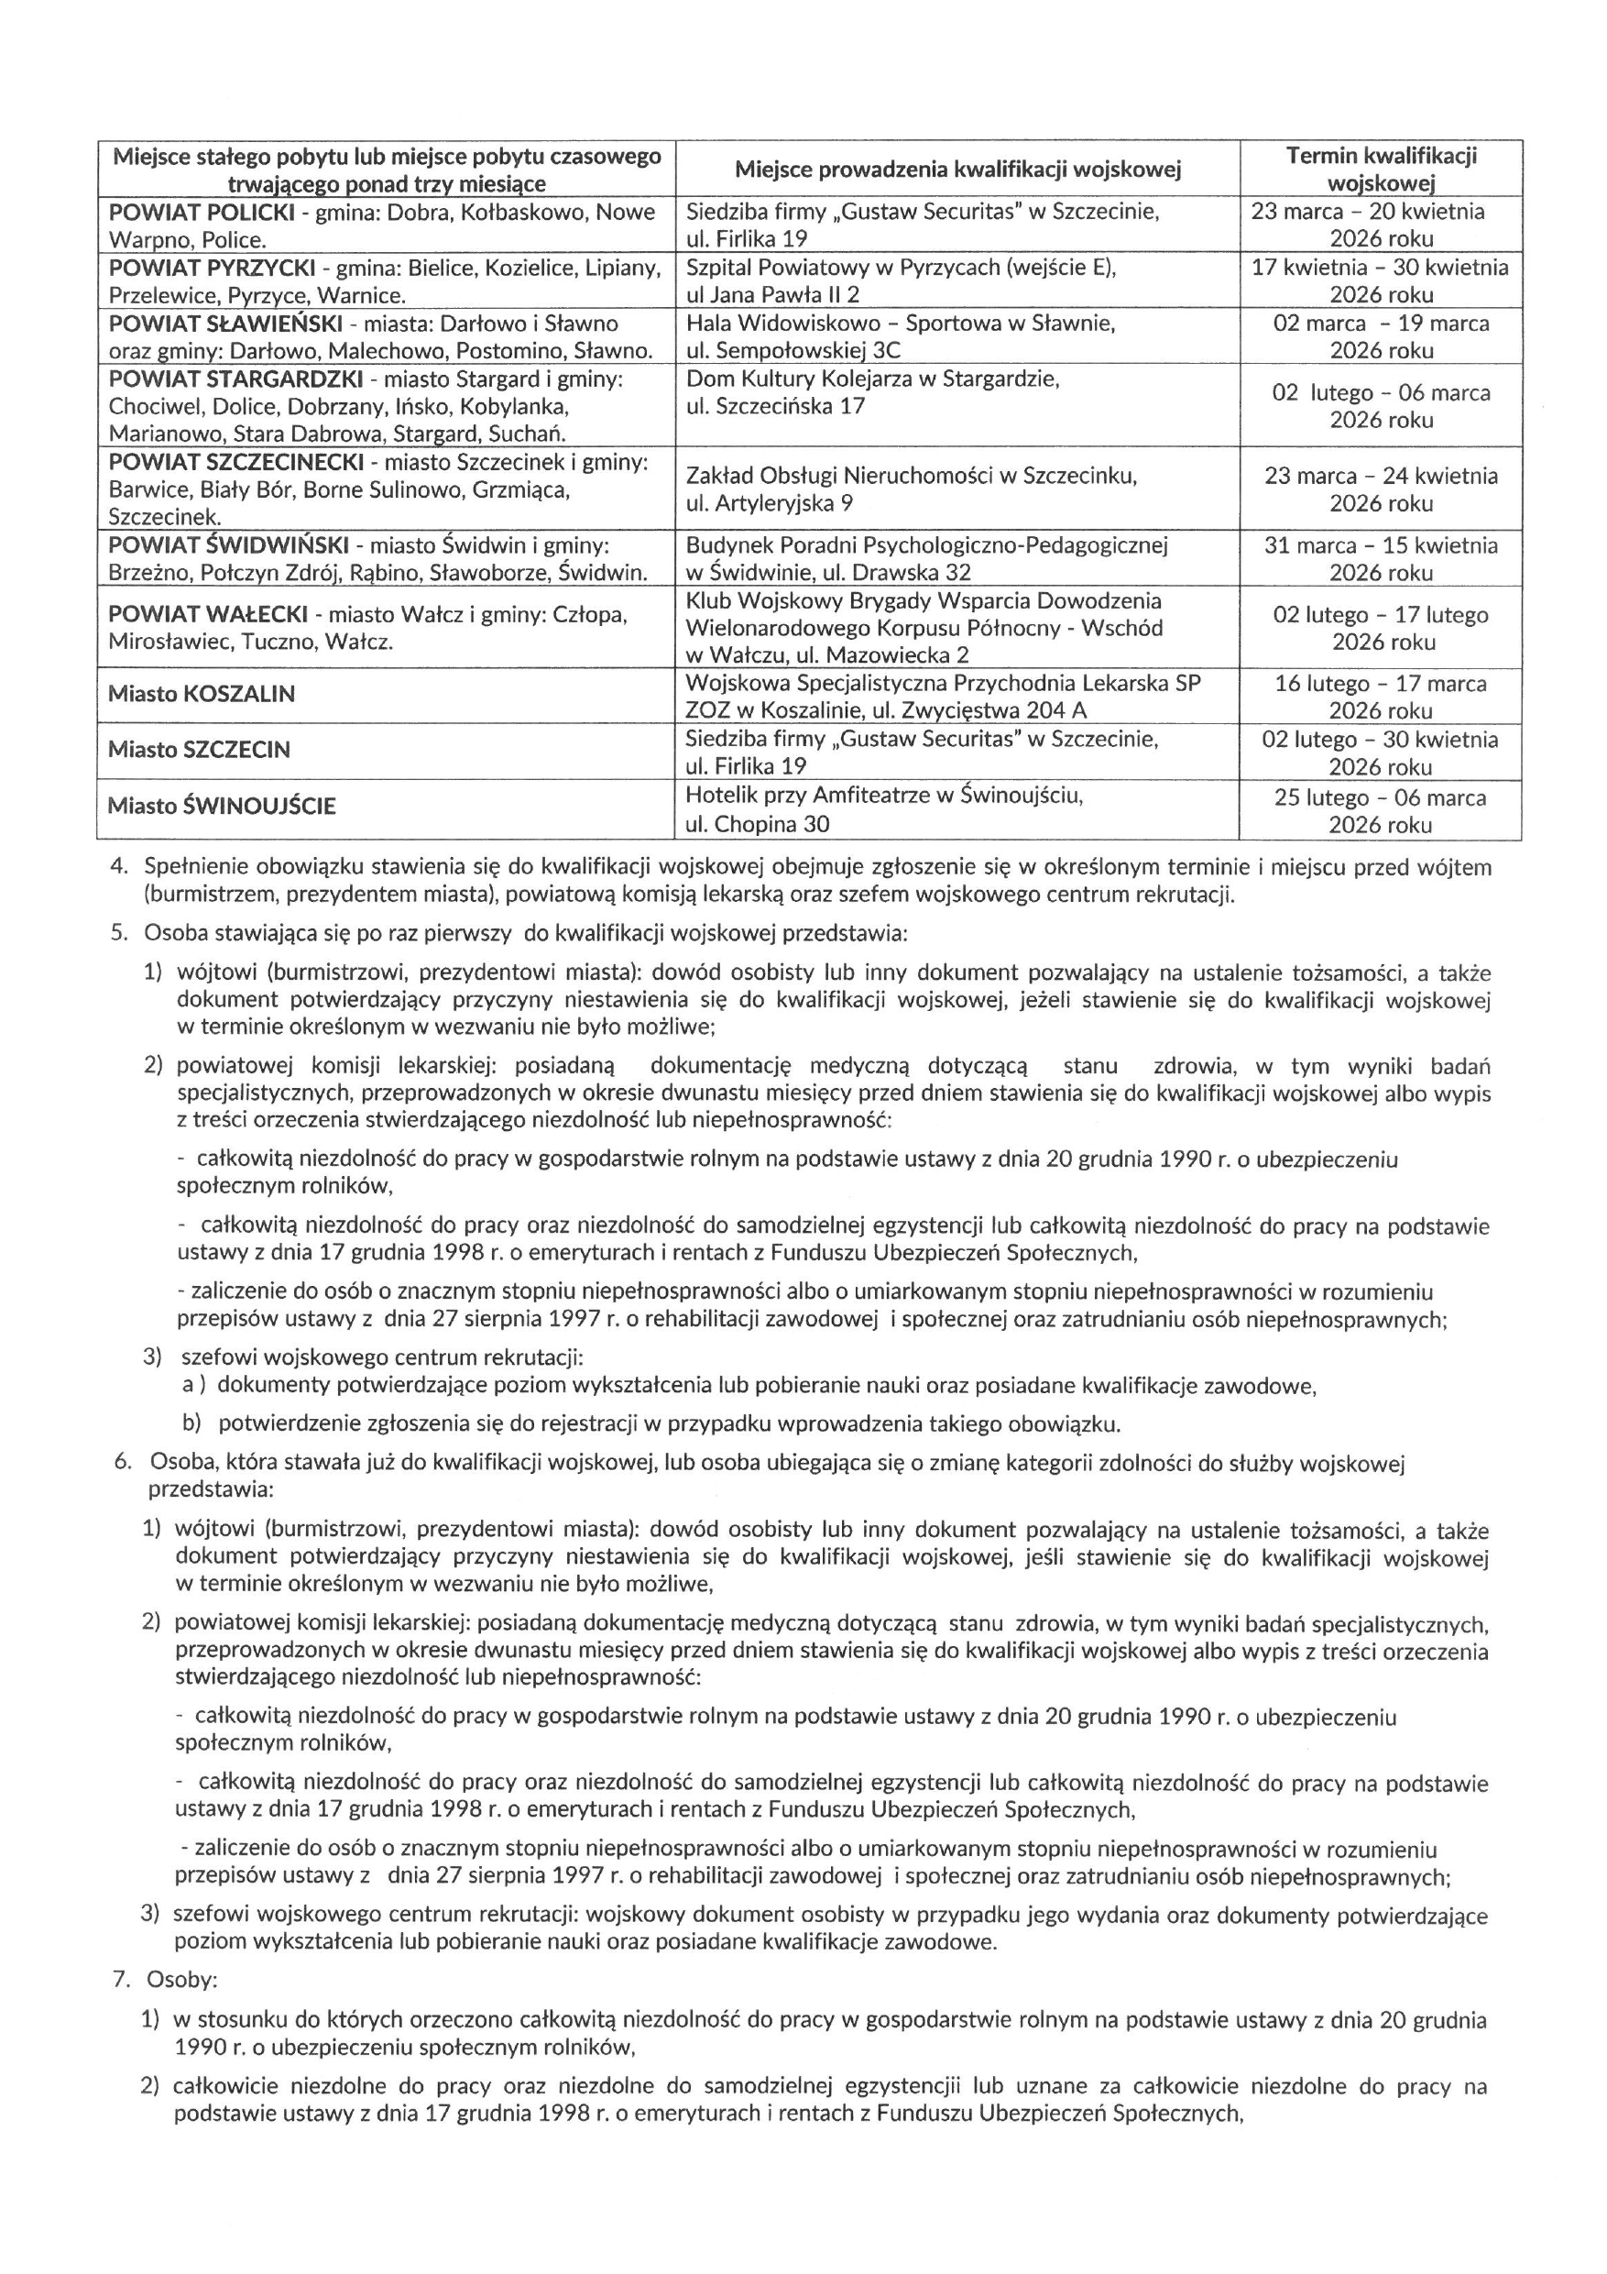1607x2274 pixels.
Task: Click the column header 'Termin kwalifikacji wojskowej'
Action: [x=1381, y=169]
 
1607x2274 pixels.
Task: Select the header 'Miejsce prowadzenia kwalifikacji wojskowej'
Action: [x=957, y=170]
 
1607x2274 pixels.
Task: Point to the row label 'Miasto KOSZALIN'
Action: [x=202, y=694]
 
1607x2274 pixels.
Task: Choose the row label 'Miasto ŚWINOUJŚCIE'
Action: [x=222, y=807]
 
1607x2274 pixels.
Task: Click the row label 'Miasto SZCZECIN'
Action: [x=199, y=750]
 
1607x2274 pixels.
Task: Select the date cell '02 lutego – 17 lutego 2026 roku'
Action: [x=1381, y=628]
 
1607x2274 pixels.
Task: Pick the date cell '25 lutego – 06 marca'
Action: [x=1381, y=798]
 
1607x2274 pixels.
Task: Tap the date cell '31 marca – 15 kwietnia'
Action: [x=1381, y=545]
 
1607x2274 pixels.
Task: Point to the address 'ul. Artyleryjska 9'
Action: [x=770, y=503]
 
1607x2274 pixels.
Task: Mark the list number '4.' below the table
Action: [x=120, y=868]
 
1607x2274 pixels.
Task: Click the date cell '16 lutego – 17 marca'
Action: [x=1381, y=684]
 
